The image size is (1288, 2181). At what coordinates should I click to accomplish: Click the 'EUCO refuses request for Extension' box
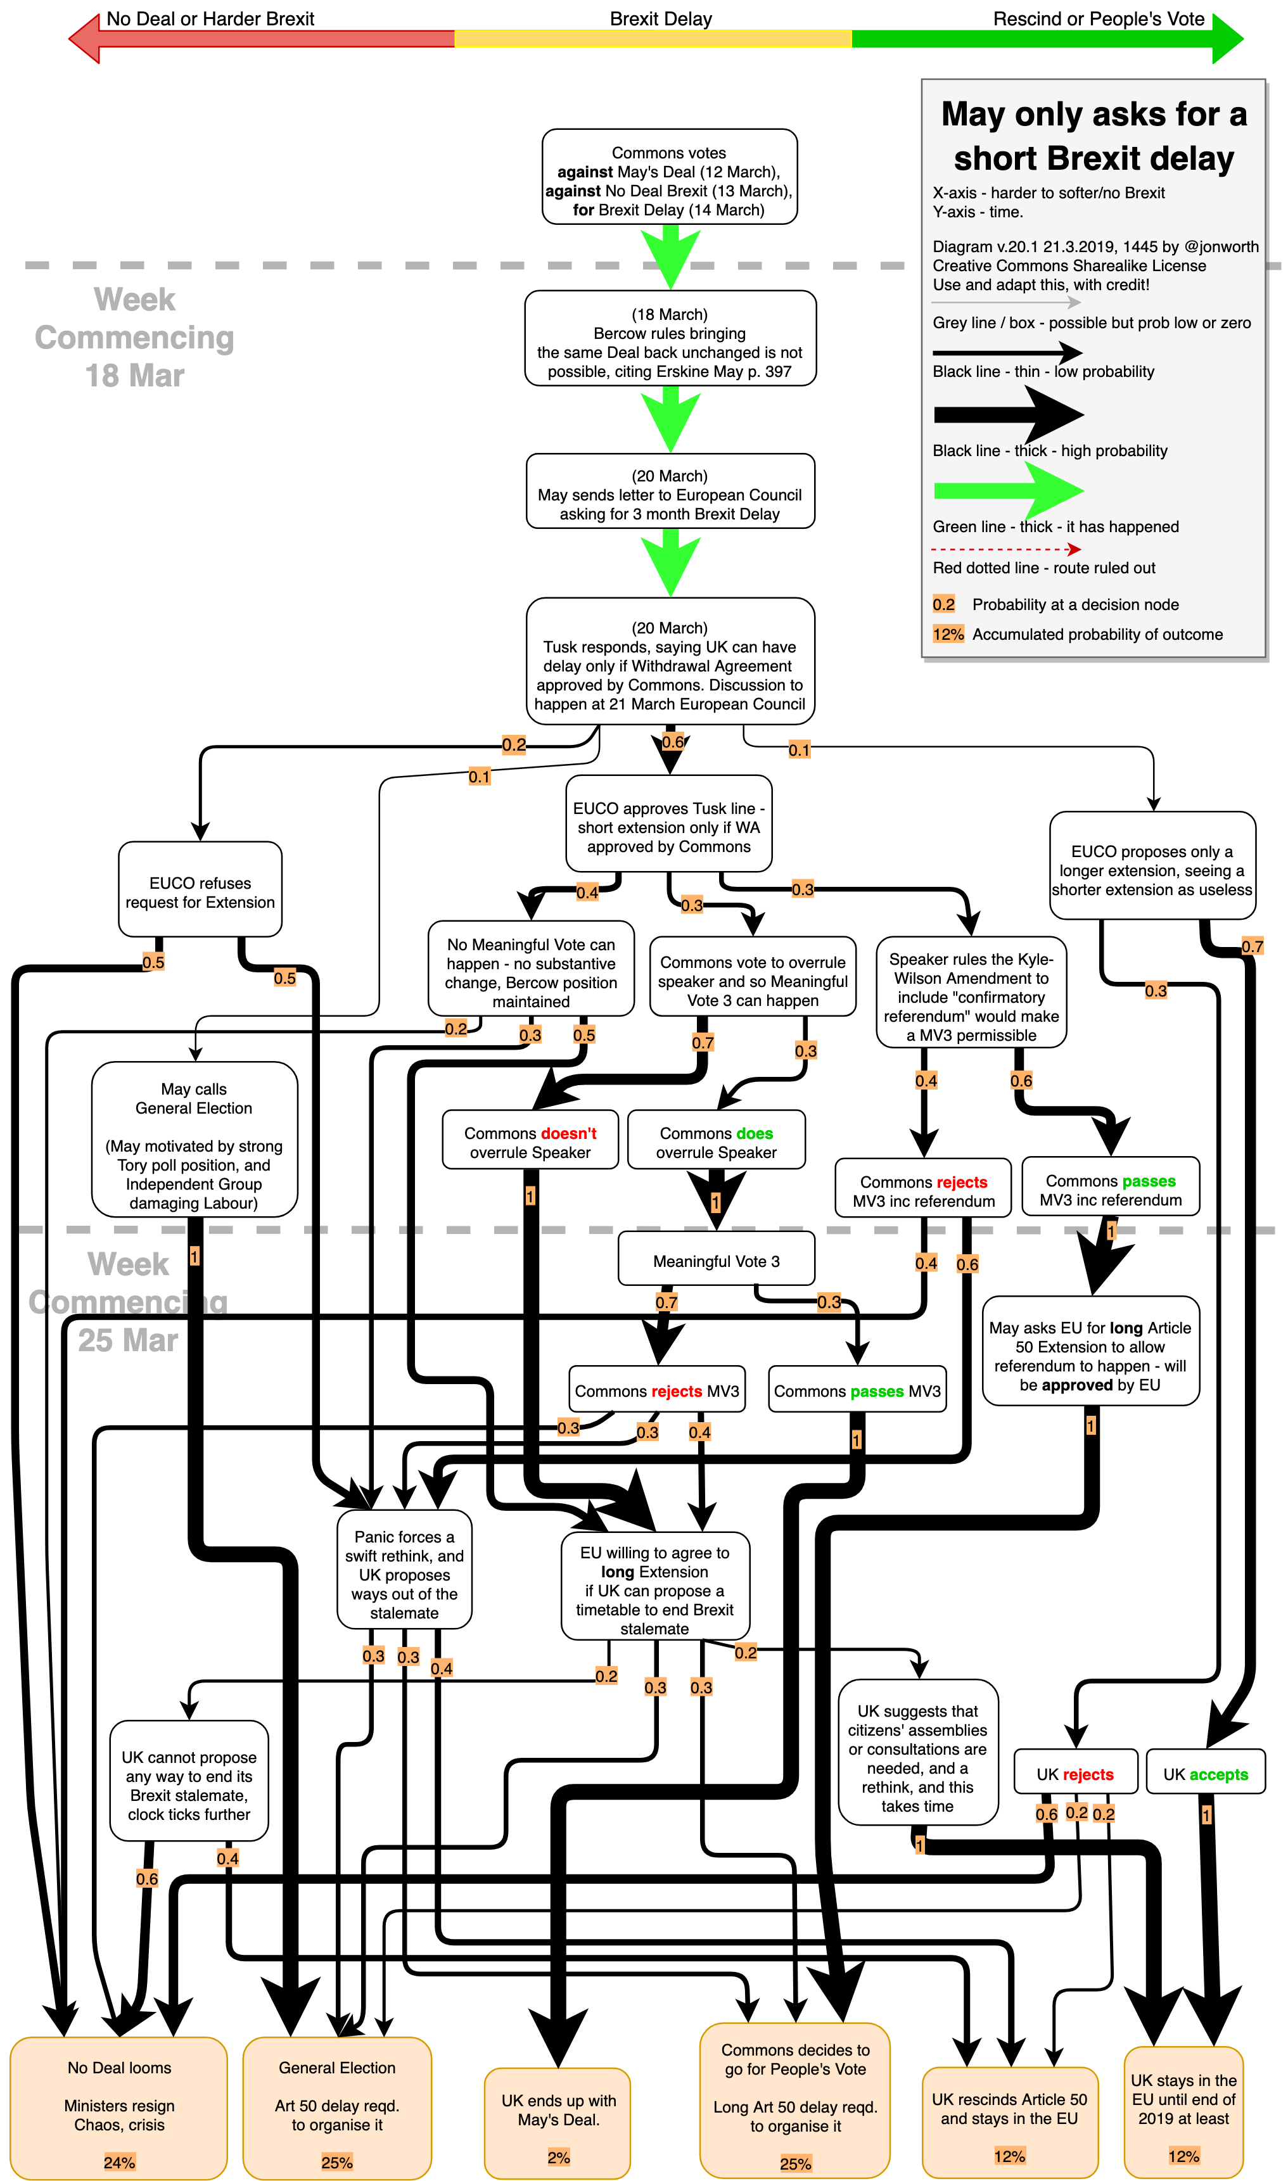[200, 892]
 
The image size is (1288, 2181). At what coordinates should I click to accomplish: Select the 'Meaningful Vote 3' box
[716, 1261]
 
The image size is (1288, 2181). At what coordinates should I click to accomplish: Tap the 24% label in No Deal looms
[119, 2162]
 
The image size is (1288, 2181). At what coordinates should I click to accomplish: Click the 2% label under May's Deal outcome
[558, 2157]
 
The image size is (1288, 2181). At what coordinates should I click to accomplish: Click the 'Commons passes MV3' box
[857, 1390]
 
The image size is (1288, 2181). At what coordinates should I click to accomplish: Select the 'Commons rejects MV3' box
[657, 1390]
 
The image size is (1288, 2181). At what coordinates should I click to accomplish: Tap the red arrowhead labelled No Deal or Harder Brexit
[85, 38]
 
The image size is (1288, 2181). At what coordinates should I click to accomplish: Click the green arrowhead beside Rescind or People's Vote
[1227, 38]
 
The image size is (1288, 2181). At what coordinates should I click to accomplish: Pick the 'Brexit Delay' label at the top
[661, 19]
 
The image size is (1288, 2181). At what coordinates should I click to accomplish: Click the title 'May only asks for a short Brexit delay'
[1094, 136]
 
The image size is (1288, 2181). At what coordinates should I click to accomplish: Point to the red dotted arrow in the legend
[1005, 549]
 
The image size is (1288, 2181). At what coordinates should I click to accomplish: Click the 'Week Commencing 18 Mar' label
[134, 338]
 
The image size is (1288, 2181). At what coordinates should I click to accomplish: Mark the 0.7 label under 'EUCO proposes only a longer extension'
[1251, 946]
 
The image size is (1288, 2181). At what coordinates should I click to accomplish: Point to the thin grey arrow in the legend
[1005, 303]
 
